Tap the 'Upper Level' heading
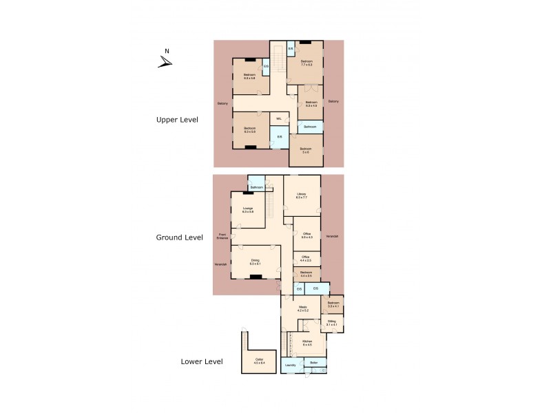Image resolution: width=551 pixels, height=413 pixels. [177, 119]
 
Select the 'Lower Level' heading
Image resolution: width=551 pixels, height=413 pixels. [201, 361]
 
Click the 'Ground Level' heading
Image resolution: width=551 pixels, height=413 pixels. [179, 237]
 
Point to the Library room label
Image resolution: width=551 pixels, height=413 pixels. [302, 195]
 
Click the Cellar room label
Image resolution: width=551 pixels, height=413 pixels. [259, 361]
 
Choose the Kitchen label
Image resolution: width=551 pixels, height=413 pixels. [307, 342]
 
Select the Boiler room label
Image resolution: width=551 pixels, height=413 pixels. [314, 362]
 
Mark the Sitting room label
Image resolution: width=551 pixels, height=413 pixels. [332, 321]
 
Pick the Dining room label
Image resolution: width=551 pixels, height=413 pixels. [255, 262]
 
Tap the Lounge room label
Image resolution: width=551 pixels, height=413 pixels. [247, 209]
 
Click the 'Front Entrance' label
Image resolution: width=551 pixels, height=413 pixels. [222, 236]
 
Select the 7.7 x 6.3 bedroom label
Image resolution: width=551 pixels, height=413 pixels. [306, 63]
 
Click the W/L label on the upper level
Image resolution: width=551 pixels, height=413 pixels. [279, 119]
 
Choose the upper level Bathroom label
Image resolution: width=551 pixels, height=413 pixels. [311, 127]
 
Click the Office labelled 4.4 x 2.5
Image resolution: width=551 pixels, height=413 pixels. [306, 258]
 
